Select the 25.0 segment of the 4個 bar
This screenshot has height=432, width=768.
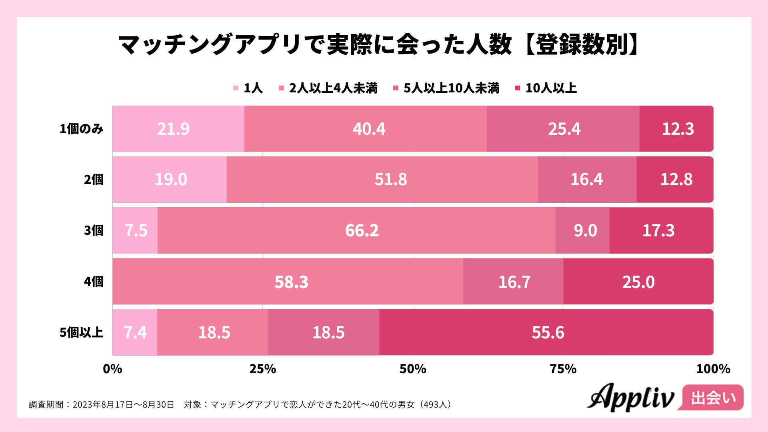tap(638, 282)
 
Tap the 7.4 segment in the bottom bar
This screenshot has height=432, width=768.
tap(135, 332)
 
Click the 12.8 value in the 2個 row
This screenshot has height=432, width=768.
tap(676, 179)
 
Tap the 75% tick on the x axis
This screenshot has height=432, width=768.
tap(563, 369)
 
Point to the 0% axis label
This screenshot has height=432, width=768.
tap(112, 369)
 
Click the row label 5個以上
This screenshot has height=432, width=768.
tap(81, 332)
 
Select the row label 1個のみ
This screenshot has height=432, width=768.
tap(81, 129)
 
